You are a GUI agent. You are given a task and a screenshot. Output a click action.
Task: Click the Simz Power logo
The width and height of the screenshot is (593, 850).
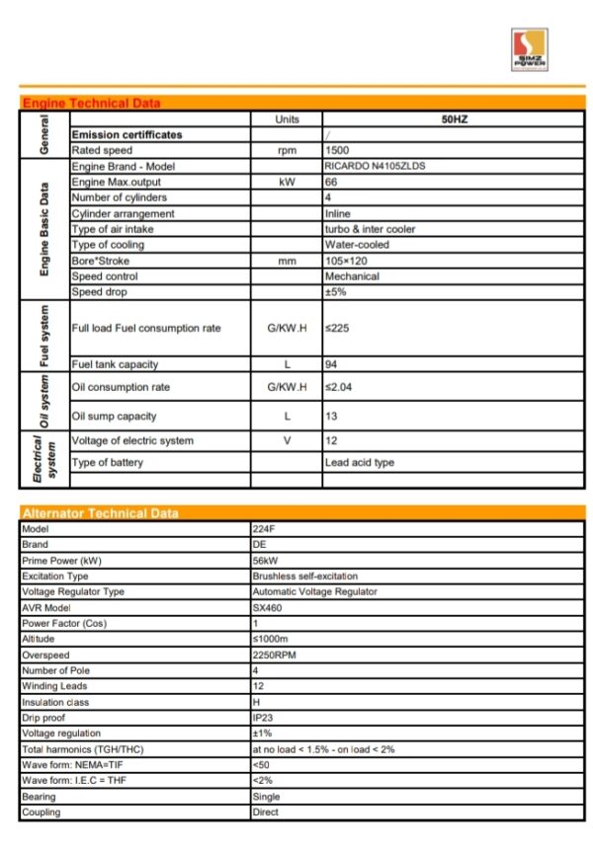tap(528, 49)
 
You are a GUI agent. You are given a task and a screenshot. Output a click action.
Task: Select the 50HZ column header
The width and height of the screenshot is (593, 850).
tap(454, 118)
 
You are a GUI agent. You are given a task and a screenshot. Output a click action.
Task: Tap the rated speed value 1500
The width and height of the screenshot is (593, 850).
tap(337, 150)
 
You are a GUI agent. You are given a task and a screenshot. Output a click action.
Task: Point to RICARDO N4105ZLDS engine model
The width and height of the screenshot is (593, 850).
tap(375, 166)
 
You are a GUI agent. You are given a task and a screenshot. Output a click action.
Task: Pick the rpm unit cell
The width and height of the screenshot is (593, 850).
tap(287, 150)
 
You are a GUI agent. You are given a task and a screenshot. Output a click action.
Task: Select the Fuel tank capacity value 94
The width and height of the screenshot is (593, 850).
tap(332, 364)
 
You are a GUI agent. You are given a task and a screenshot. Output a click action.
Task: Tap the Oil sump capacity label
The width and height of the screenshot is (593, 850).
tap(115, 416)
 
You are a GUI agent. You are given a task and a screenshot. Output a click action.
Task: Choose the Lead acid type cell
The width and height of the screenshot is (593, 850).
tap(360, 463)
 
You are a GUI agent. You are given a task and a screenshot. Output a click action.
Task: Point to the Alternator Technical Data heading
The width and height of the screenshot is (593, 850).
tap(101, 512)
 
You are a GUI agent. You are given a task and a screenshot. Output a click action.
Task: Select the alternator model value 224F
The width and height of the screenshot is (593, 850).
tap(264, 528)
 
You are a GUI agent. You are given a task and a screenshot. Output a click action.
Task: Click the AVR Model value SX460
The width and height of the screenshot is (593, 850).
tap(267, 607)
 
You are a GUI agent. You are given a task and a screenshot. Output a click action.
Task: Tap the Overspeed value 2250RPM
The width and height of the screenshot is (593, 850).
tap(274, 655)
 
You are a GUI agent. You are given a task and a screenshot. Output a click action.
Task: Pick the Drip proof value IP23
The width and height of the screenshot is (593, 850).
tap(263, 718)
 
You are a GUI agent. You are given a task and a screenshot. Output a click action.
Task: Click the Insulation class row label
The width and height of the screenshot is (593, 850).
tap(55, 702)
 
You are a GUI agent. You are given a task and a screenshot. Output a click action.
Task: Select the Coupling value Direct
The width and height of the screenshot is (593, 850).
tap(266, 812)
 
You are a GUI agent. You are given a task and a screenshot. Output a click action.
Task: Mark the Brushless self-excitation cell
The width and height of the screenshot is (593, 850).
tap(305, 576)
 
